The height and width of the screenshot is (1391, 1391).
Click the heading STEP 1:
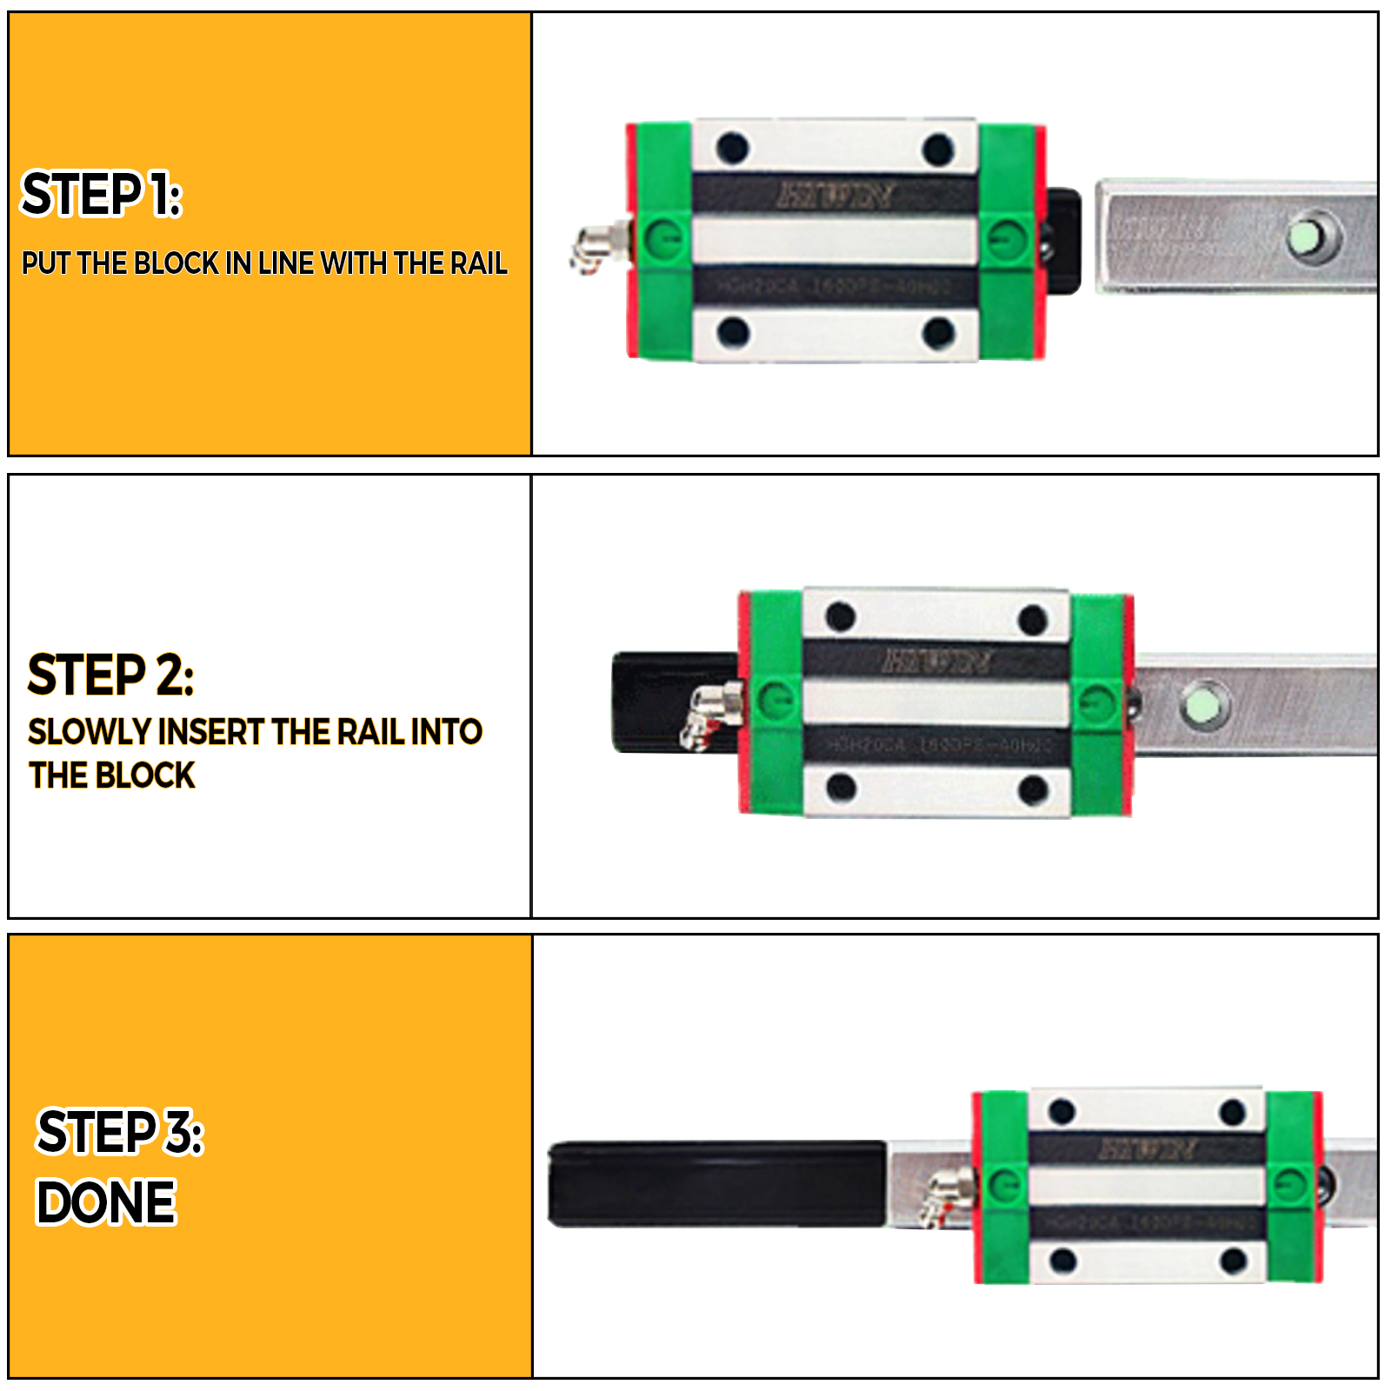tap(101, 194)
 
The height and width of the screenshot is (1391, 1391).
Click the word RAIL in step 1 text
tap(478, 263)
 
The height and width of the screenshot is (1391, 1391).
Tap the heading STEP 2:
tap(110, 675)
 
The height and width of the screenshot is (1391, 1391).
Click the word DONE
tap(106, 1202)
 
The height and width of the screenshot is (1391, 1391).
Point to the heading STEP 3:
tap(119, 1133)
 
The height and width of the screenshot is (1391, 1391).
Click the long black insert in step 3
tap(717, 1184)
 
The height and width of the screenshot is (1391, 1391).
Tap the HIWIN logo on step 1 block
tap(835, 194)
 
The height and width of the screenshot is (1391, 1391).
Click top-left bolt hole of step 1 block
tap(733, 148)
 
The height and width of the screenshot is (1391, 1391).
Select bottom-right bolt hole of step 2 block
tap(1033, 789)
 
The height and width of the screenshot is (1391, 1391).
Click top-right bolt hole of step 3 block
tap(1233, 1112)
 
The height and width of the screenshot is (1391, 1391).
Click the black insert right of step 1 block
tap(1063, 241)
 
